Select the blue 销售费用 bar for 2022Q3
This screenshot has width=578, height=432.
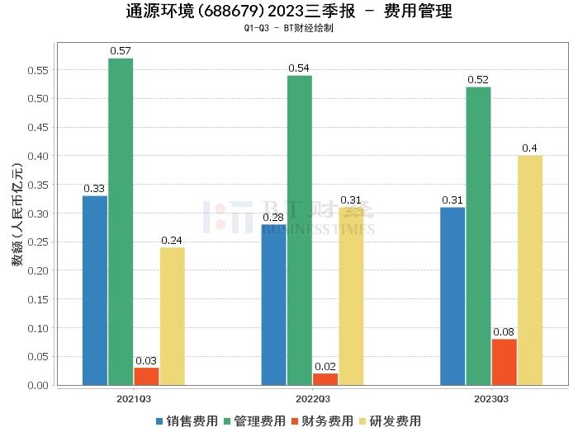[x=274, y=304]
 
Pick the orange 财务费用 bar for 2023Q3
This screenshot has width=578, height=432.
[x=504, y=362]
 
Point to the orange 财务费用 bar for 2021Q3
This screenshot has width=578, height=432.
[x=146, y=376]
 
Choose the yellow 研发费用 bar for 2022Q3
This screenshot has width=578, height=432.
[x=351, y=296]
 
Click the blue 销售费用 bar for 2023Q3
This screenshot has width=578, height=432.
[x=452, y=296]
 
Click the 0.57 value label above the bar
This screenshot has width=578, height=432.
[x=121, y=51]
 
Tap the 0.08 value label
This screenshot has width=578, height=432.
[x=504, y=332]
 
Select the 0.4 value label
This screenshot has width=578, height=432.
[x=529, y=148]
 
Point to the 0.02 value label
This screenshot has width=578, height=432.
[x=325, y=367]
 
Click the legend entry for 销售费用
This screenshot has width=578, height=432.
[x=186, y=420]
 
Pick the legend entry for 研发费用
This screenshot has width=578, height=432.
[x=388, y=420]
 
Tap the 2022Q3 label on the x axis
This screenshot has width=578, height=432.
[x=312, y=398]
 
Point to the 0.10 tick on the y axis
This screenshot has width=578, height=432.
[x=38, y=328]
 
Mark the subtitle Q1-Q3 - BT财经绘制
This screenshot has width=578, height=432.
[x=289, y=28]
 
